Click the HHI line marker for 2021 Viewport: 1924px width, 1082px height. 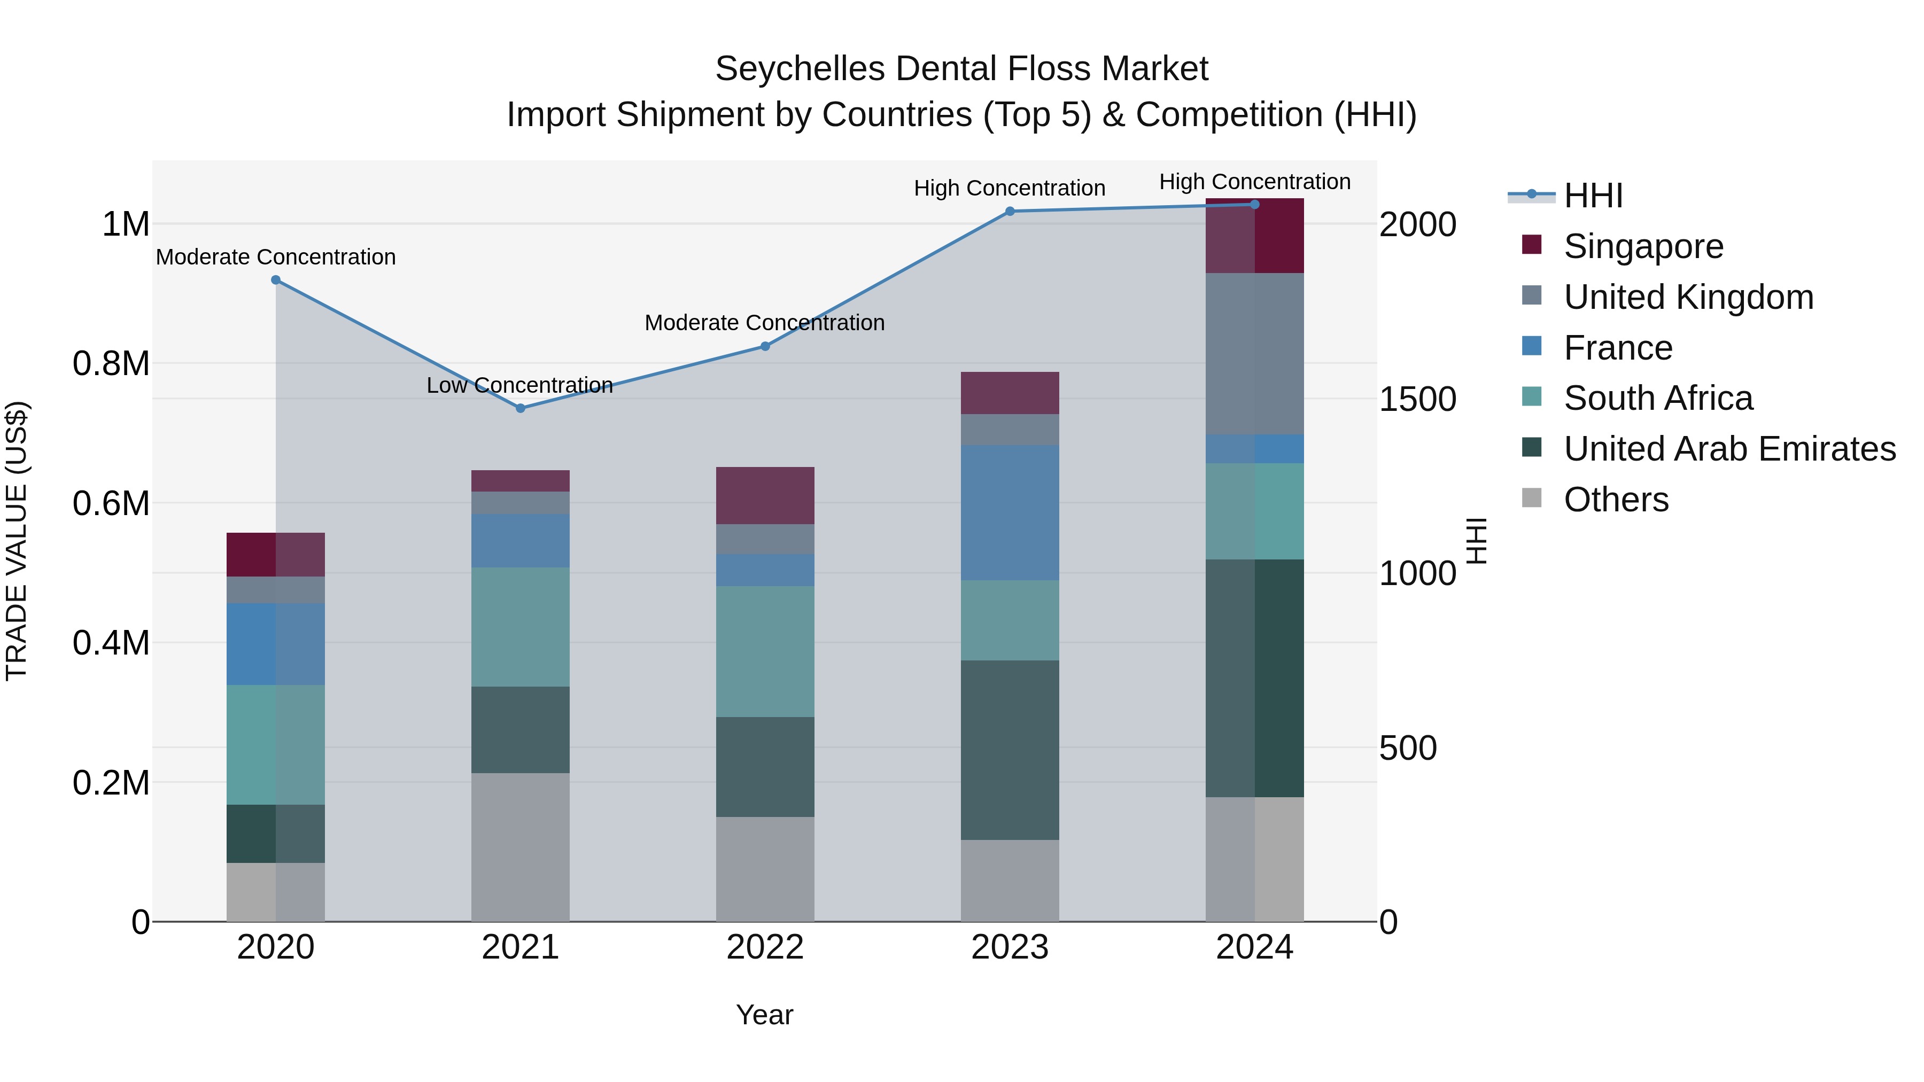pyautogui.click(x=521, y=408)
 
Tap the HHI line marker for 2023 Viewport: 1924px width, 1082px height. pyautogui.click(x=1010, y=211)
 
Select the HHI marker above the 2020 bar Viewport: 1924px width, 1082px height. pyautogui.click(x=276, y=280)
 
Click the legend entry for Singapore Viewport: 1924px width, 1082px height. pyautogui.click(x=1643, y=246)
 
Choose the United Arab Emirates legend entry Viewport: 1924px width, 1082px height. pyautogui.click(x=1729, y=449)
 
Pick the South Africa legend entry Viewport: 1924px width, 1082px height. pyautogui.click(x=1658, y=398)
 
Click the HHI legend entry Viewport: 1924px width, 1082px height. pyautogui.click(x=1593, y=196)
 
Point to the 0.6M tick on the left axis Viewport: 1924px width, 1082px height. pyautogui.click(x=111, y=503)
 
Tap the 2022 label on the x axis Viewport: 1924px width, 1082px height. pyautogui.click(x=765, y=947)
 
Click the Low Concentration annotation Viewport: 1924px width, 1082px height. pyautogui.click(x=520, y=385)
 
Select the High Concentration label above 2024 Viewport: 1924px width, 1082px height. pyautogui.click(x=1255, y=182)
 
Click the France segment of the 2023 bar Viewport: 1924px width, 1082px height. pyautogui.click(x=1010, y=513)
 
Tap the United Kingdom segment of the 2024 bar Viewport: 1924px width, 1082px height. pyautogui.click(x=1255, y=354)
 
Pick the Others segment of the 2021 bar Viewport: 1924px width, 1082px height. pyautogui.click(x=521, y=847)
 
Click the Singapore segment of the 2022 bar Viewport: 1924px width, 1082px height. pyautogui.click(x=765, y=496)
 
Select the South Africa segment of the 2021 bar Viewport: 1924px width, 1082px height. pyautogui.click(x=521, y=627)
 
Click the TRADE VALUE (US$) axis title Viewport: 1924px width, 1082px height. pyautogui.click(x=17, y=541)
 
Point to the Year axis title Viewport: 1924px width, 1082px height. pyautogui.click(x=765, y=1015)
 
